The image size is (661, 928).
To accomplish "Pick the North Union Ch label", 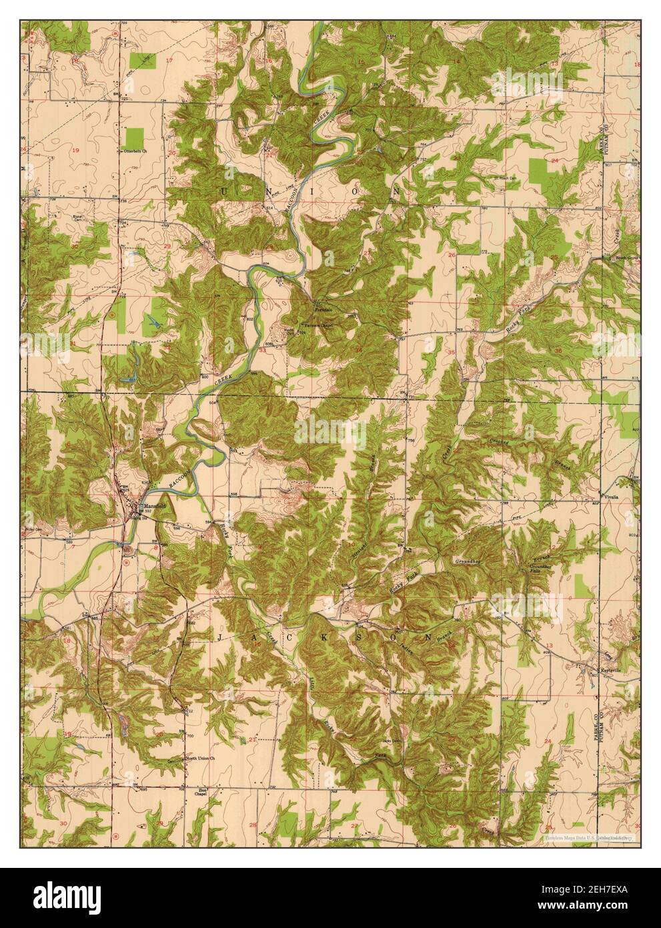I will [x=199, y=758].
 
